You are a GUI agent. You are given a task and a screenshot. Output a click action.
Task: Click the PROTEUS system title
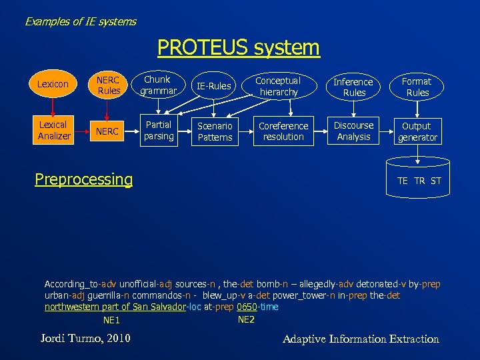point(239,48)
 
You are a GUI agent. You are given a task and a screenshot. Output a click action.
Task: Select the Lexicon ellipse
point(53,85)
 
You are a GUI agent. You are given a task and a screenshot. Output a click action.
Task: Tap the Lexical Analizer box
point(53,131)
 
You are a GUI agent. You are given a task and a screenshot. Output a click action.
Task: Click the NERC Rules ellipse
point(108,85)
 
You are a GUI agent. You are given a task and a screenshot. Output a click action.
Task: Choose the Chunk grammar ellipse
point(159,85)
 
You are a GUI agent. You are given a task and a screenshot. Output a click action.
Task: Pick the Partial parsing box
point(159,131)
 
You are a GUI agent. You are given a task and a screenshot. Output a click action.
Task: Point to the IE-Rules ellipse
point(215,85)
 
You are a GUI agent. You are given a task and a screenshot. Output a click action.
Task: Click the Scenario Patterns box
point(215,131)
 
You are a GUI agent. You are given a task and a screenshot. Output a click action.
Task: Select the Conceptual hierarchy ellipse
point(279,86)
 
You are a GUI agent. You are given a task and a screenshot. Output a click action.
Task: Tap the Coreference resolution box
point(283,131)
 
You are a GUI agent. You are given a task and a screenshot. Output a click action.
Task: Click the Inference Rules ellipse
point(353,87)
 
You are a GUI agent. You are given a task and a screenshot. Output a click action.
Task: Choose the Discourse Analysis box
point(353,131)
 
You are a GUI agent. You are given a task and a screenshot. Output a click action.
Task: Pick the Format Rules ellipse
point(417,87)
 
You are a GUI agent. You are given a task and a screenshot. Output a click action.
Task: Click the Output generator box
point(417,131)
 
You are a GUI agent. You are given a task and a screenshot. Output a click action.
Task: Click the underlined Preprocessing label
point(83,179)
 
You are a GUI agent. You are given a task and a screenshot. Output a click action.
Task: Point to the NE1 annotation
point(111,321)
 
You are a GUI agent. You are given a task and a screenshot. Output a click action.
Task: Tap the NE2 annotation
point(246,319)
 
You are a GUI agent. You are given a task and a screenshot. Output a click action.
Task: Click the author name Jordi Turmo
point(85,339)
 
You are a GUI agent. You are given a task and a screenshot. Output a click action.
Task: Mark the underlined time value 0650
point(247,307)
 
